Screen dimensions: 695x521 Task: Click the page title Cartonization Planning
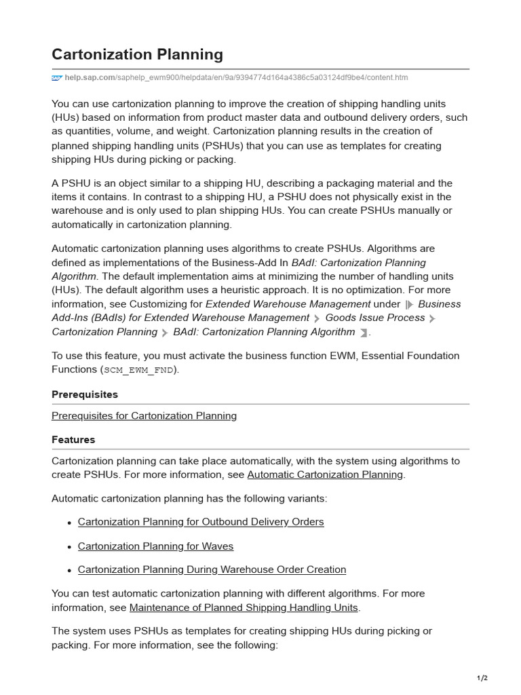(x=137, y=54)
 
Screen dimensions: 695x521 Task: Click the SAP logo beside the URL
(x=56, y=78)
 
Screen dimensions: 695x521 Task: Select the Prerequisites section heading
(x=85, y=394)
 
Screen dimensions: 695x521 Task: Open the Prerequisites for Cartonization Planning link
(x=144, y=415)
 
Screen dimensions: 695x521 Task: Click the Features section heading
(x=73, y=440)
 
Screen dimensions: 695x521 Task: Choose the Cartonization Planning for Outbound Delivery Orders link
(x=201, y=522)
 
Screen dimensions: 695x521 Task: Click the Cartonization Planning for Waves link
(x=155, y=546)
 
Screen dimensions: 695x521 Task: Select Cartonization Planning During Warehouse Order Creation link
(x=212, y=570)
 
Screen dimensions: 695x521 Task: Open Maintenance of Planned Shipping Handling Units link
(x=244, y=607)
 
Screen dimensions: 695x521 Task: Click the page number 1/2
(x=482, y=678)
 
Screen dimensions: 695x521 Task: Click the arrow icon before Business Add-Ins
(x=409, y=305)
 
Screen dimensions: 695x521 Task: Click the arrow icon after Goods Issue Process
(x=432, y=318)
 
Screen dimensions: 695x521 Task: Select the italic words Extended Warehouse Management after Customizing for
(x=288, y=304)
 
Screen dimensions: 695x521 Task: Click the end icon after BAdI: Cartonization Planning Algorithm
(x=364, y=333)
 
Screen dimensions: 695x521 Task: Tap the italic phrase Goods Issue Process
(x=374, y=318)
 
